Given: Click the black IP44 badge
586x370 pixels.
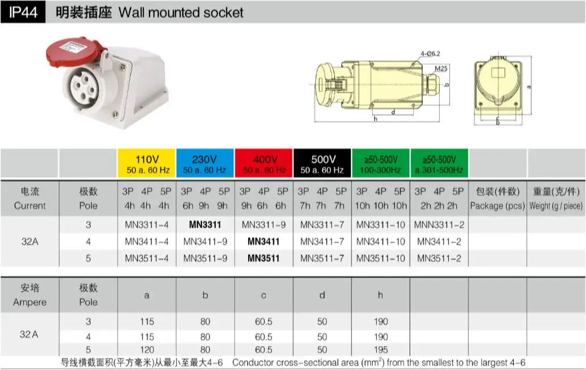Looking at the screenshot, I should (x=23, y=12).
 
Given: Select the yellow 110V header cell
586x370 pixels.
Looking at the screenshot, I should (x=146, y=163).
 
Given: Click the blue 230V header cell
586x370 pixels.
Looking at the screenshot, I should (x=205, y=163).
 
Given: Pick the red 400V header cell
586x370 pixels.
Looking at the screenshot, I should (x=264, y=163).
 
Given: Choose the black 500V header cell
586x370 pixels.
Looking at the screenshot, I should (x=322, y=163).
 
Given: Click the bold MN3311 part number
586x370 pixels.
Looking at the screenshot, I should (x=205, y=225).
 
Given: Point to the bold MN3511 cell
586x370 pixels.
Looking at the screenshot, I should (x=263, y=258).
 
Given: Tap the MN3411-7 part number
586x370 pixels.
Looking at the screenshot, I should (x=322, y=242).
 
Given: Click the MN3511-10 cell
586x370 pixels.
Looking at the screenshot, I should (x=381, y=258).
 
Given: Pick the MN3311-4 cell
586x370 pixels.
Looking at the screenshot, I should (x=146, y=225).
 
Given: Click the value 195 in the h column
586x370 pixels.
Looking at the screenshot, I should (x=381, y=350).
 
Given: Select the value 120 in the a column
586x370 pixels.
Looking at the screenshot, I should (x=146, y=350).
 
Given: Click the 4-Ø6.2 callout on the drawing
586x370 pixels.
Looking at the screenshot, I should (x=430, y=54).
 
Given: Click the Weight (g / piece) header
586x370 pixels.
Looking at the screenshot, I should (x=556, y=205).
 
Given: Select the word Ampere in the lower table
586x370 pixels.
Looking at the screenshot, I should (x=30, y=302).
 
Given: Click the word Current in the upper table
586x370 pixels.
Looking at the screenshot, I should (x=30, y=205).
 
